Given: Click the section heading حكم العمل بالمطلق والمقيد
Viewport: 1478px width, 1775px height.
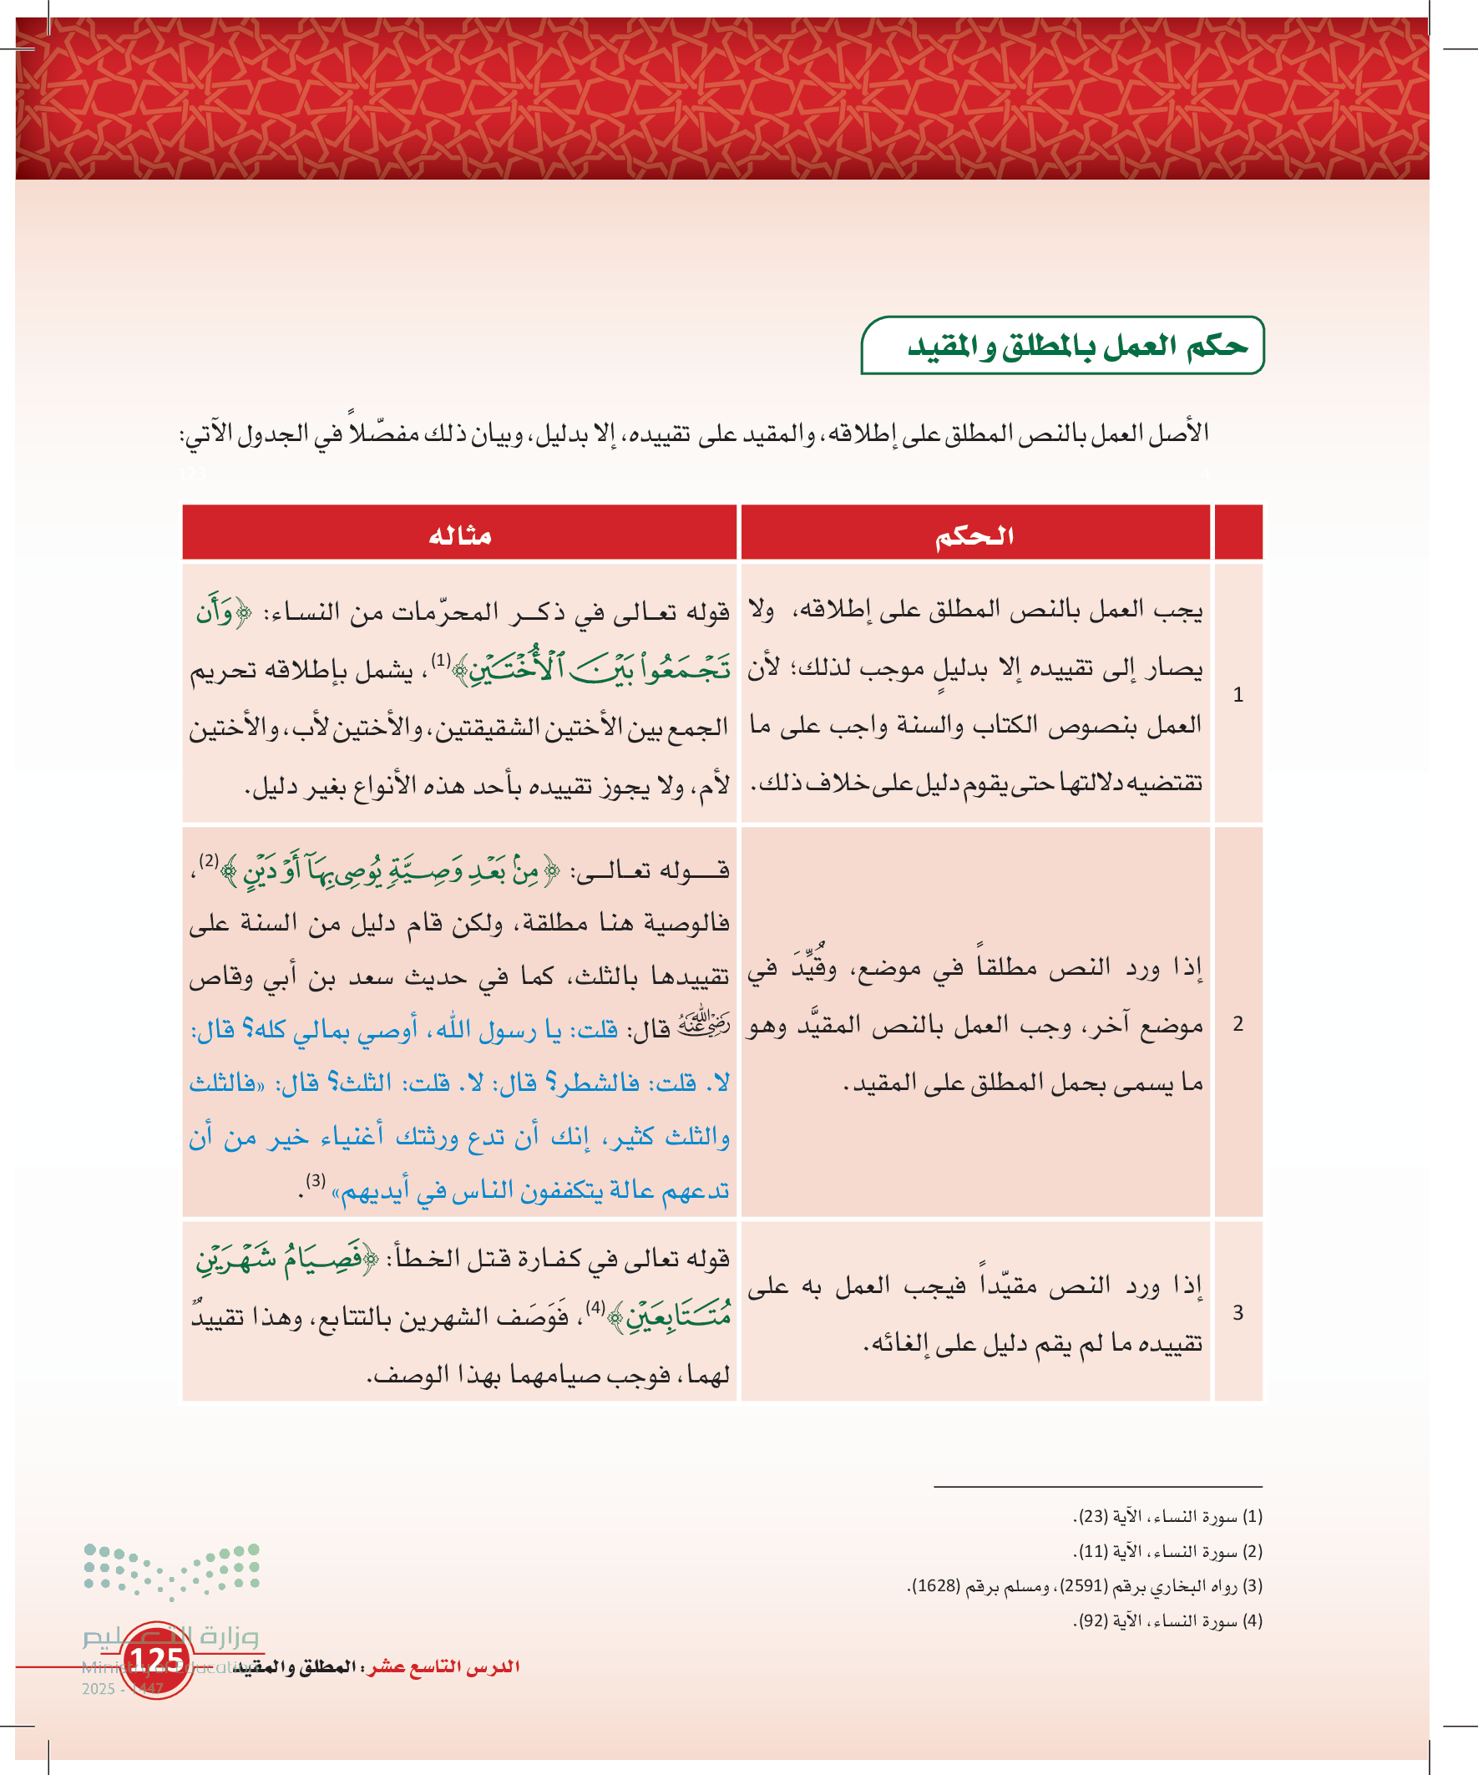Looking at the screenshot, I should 1076,346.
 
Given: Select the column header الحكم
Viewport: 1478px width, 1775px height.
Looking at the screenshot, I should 974,535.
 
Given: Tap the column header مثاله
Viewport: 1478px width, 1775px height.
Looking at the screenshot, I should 460,535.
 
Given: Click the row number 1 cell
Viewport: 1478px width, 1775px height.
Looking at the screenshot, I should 1238,695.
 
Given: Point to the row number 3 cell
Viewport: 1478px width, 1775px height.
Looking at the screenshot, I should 1238,1312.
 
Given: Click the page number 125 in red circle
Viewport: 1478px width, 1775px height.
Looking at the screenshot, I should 157,1660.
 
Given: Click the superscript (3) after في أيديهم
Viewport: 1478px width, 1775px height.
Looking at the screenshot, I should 315,1181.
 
